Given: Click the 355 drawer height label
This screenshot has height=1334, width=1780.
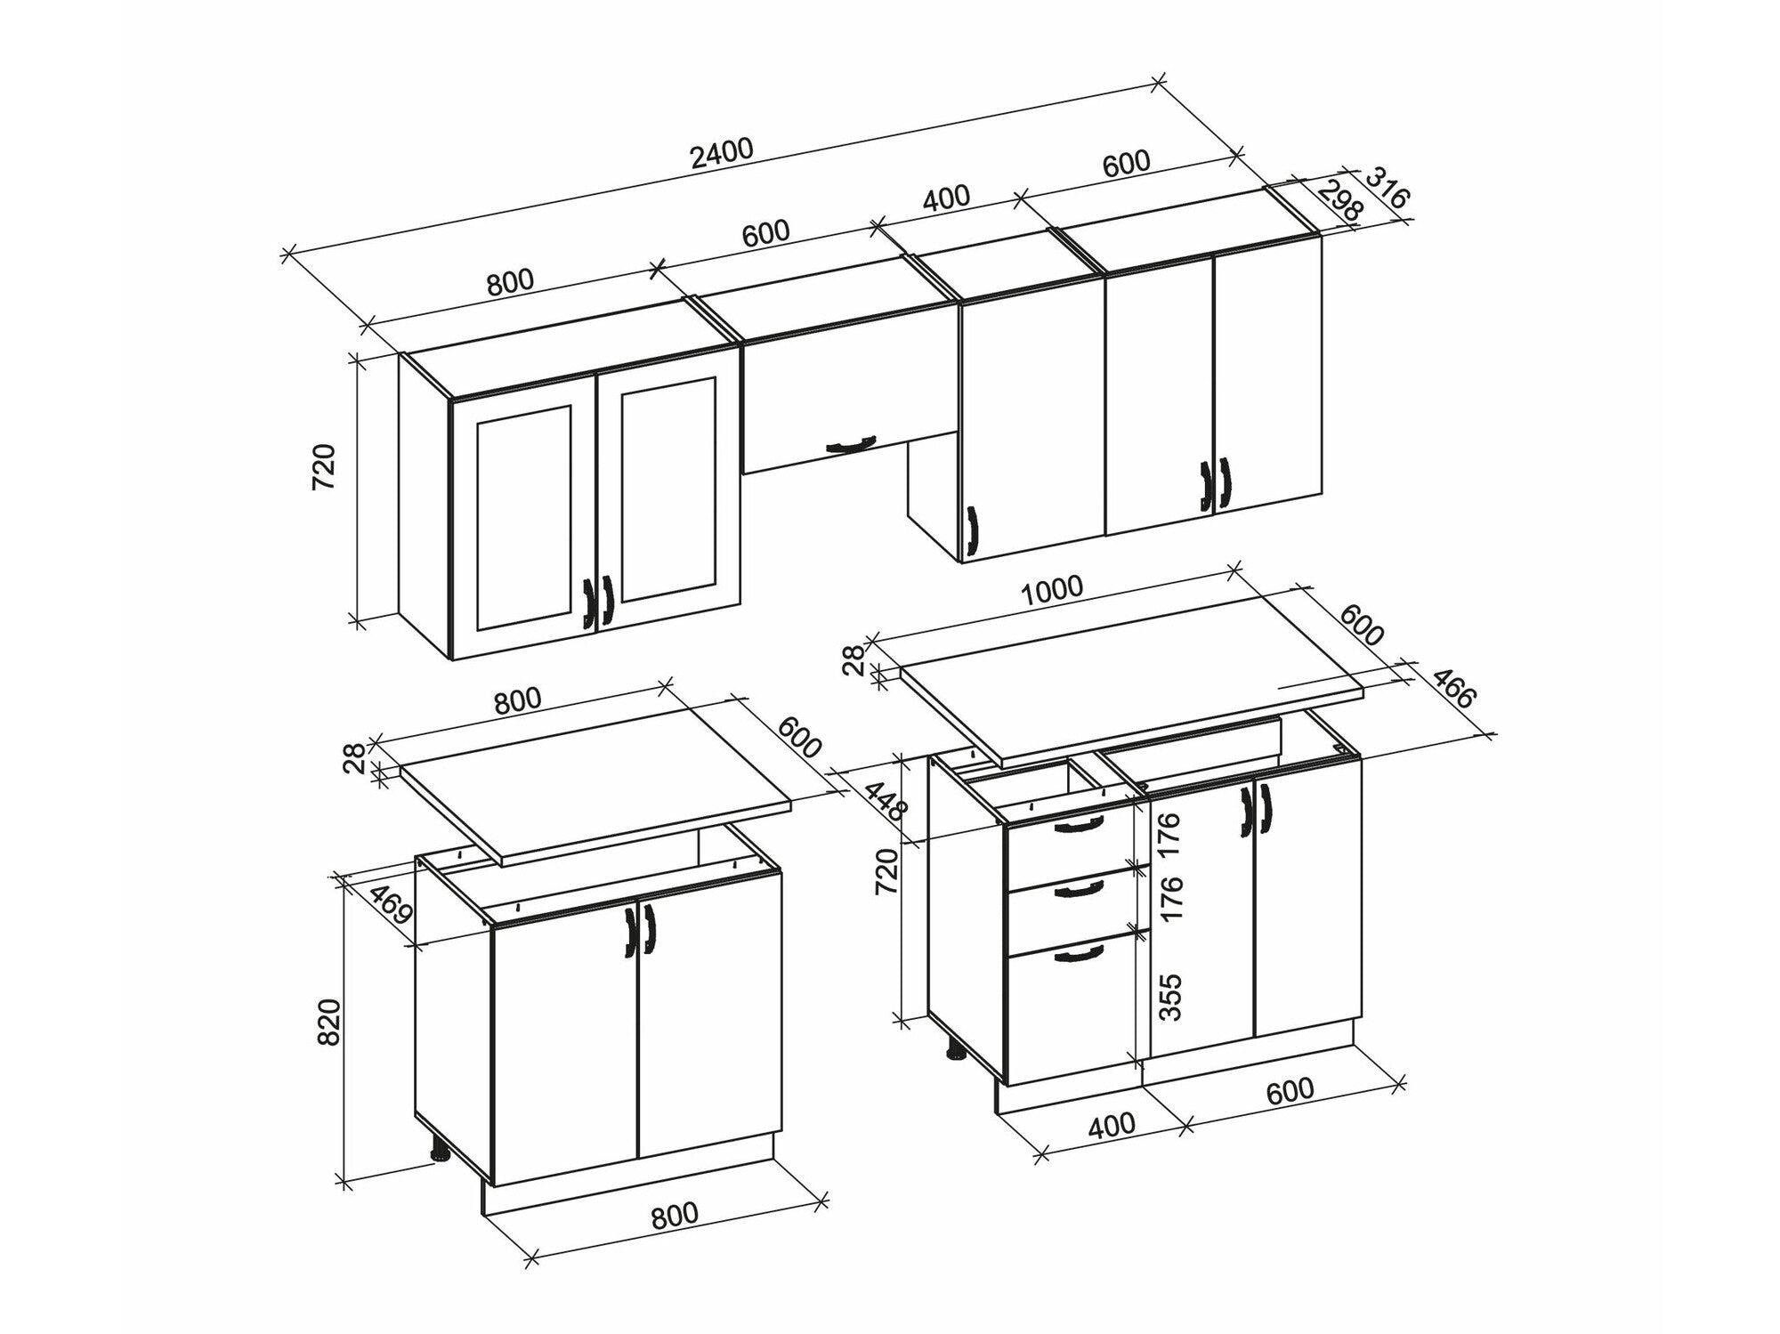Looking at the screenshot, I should (x=1171, y=998).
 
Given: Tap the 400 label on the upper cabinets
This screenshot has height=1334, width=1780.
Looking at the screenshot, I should (x=945, y=198).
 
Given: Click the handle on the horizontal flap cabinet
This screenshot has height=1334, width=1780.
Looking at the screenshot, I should (x=850, y=443).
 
